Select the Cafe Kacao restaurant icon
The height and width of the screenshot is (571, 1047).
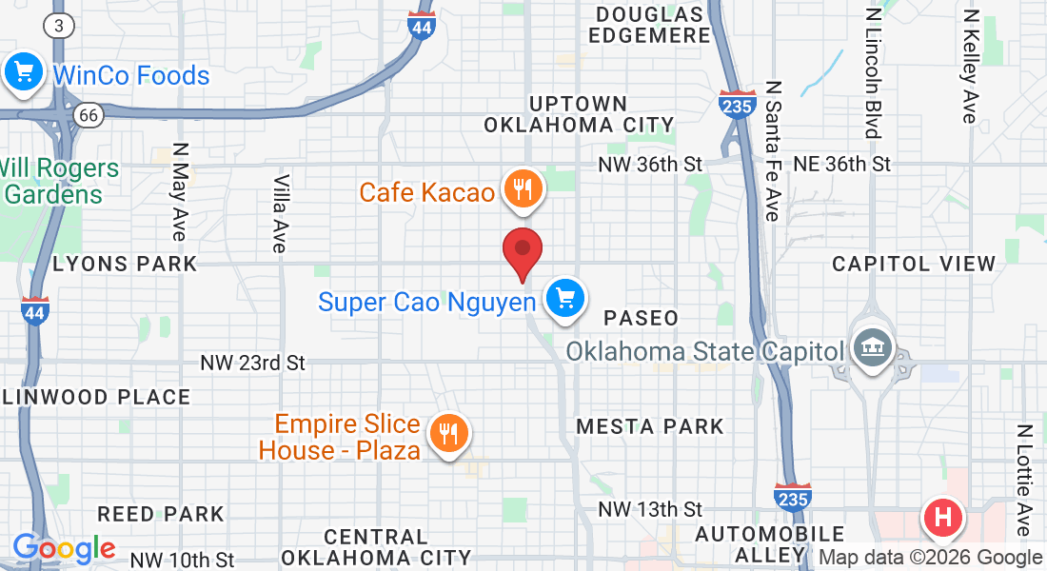click(522, 189)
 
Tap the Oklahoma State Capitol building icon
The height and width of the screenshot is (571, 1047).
click(870, 347)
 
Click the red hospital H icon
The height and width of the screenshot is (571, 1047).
click(943, 519)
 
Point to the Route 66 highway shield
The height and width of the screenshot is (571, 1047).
click(89, 115)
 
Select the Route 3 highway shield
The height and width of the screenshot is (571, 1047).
click(59, 26)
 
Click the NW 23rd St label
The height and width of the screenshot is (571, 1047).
click(252, 363)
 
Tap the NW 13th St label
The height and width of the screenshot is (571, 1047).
click(650, 510)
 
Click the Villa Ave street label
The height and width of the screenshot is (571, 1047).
click(280, 213)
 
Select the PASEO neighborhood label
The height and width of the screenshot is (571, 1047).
click(642, 318)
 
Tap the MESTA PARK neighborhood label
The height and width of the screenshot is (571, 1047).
click(650, 426)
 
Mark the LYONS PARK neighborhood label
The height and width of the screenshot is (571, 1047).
click(125, 264)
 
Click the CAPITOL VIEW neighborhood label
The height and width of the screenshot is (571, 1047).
click(914, 264)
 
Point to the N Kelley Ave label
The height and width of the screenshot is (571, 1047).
click(970, 67)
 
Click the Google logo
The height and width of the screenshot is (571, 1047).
click(64, 548)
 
